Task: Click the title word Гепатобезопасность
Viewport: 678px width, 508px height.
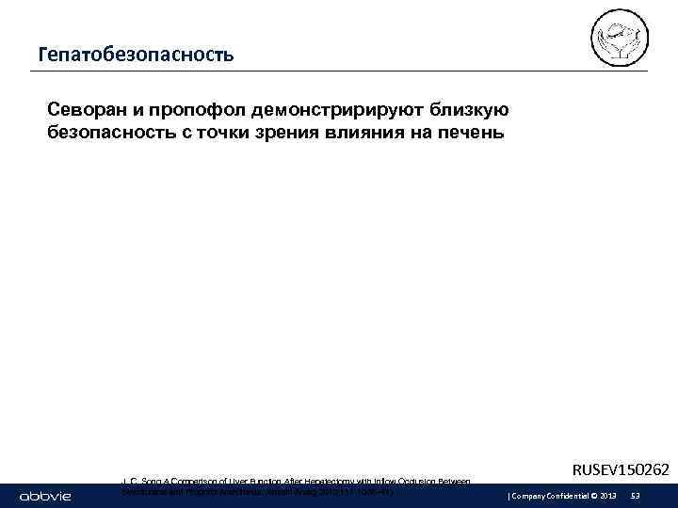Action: pyautogui.click(x=136, y=55)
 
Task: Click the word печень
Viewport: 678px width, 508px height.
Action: pyautogui.click(x=471, y=132)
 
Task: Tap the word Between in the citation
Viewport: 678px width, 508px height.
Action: pyautogui.click(x=452, y=482)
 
